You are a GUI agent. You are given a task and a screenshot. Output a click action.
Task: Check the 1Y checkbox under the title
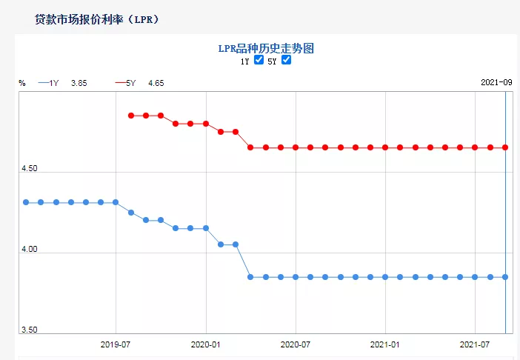(259, 61)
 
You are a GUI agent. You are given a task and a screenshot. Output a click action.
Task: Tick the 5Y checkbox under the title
(286, 61)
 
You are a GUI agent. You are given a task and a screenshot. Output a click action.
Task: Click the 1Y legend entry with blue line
(48, 84)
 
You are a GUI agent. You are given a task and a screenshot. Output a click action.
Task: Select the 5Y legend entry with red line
(126, 84)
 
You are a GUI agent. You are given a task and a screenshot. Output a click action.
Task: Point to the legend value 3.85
(79, 84)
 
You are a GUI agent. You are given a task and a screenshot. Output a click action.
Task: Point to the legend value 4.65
(156, 84)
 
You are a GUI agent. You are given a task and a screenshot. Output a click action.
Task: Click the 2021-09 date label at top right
(496, 83)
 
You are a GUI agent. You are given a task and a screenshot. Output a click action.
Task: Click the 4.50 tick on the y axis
(29, 169)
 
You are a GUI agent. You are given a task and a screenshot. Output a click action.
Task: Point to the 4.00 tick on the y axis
(29, 250)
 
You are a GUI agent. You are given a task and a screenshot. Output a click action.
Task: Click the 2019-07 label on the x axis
(116, 344)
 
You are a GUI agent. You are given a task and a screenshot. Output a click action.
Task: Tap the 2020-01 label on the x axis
(206, 344)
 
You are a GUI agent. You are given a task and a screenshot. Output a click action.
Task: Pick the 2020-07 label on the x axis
(296, 344)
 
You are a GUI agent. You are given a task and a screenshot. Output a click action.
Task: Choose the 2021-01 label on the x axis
(385, 344)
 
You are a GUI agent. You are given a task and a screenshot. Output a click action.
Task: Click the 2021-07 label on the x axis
(475, 344)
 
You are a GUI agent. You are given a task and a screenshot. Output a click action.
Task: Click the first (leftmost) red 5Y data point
(131, 116)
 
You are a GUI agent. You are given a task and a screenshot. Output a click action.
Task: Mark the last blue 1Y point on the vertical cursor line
(505, 277)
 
